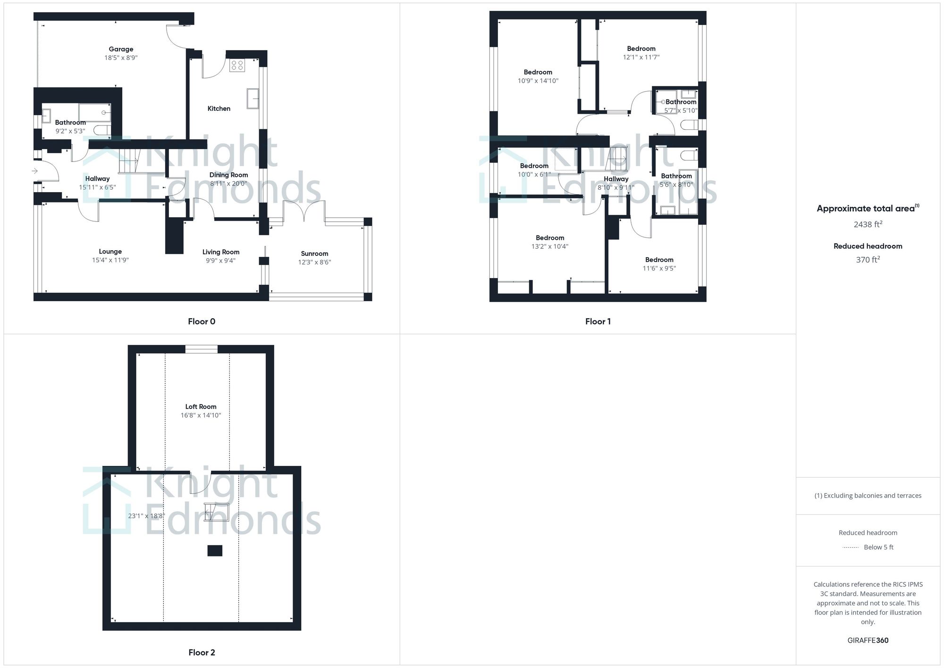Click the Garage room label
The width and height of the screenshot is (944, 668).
pos(121,49)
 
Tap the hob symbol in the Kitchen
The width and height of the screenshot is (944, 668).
pos(237,65)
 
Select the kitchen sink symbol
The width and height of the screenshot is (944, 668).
pos(253,98)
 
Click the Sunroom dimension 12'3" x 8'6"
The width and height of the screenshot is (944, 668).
pos(314,262)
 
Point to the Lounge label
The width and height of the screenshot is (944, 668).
pos(110,252)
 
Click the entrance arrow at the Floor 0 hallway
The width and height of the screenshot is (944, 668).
pos(34,171)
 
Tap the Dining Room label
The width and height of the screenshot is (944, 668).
pos(228,175)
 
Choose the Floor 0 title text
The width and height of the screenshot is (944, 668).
pos(202,321)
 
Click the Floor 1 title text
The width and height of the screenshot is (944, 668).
pos(598,321)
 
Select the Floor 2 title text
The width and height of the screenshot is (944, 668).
pos(202,652)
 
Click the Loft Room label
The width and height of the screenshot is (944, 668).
pos(201,406)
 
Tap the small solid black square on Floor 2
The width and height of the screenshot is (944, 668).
pos(215,550)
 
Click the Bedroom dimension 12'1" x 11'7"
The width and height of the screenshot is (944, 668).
pos(641,57)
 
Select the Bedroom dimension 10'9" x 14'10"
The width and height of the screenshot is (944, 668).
pos(538,81)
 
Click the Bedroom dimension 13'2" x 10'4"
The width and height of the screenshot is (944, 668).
pos(549,246)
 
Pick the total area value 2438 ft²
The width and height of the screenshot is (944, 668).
pos(868,224)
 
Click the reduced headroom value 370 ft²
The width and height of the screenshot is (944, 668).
pos(868,260)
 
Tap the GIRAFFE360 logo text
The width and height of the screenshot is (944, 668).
pos(868,640)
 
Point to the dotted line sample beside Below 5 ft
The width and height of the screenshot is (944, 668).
pos(851,548)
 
